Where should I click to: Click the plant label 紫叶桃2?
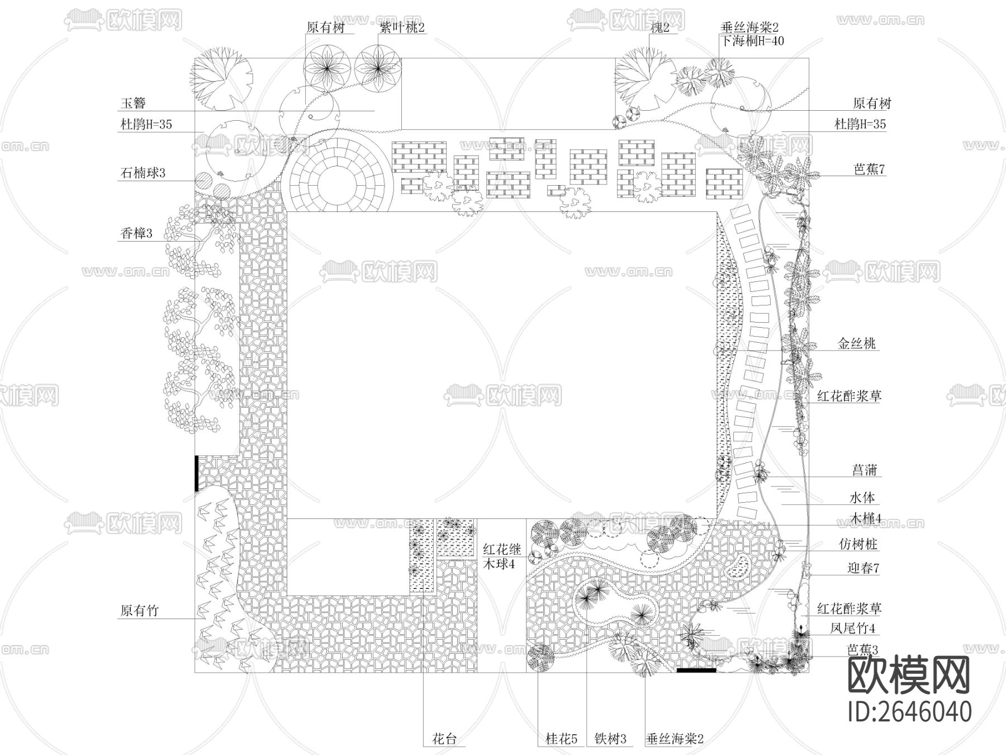coord(402,27)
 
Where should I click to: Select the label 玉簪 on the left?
coord(133,103)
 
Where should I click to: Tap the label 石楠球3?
coord(143,173)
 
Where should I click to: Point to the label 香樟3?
coord(136,233)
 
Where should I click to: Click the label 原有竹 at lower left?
coord(139,611)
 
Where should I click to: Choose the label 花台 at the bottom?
coord(445,739)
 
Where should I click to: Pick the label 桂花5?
coord(561,739)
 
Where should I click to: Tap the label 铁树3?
coord(610,739)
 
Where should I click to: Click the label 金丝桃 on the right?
coord(856,343)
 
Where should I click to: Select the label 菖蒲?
coord(864,470)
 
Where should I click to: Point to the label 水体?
coord(862,497)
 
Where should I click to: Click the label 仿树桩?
coord(858,544)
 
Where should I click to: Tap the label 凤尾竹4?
coord(852,628)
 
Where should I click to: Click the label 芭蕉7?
coord(869,169)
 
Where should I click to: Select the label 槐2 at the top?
coord(660,27)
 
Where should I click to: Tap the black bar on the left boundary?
coord(197,473)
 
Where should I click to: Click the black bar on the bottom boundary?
coord(696,669)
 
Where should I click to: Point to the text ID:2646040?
coord(909,711)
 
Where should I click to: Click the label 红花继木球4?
coord(502,557)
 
